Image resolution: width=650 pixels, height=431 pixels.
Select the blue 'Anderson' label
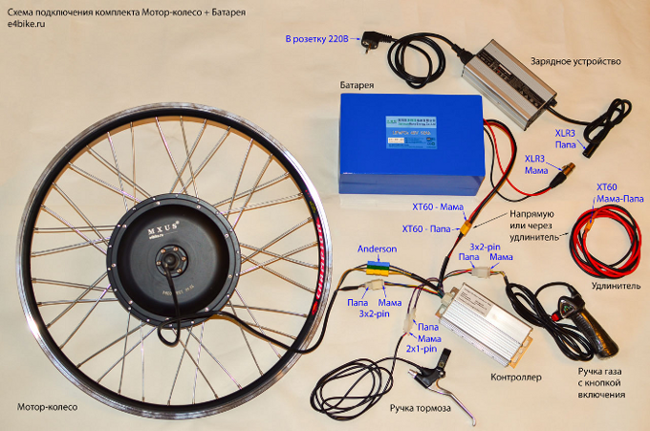point(376,248)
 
